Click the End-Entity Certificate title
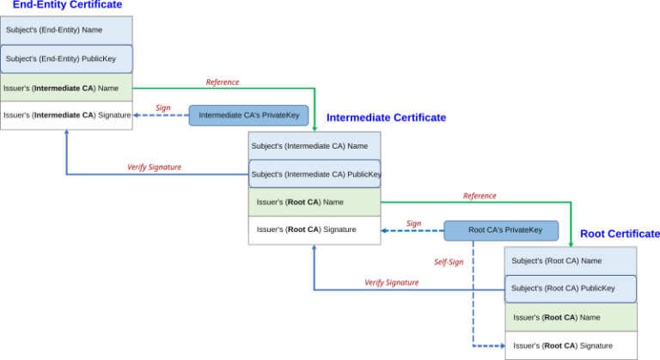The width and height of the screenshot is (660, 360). coord(66,4)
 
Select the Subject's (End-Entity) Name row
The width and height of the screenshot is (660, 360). coord(66,30)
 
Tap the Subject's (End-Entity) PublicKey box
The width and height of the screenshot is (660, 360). coord(66,59)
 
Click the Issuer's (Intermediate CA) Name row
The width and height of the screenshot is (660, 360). coord(66,87)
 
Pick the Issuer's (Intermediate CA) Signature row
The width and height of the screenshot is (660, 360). coord(66,115)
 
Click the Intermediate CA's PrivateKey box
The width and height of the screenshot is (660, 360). coord(248,115)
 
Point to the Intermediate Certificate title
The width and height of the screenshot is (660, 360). coord(386,117)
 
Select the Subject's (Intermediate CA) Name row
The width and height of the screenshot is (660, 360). coord(314,146)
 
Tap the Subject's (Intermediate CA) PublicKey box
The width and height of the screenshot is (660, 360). coord(315,174)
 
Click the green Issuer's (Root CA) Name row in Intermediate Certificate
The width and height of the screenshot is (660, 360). coord(314,202)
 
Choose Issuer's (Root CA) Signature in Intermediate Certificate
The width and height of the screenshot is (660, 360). coord(314,229)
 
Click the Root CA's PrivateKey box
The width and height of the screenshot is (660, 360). coord(505,229)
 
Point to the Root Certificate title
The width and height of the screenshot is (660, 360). coord(620,234)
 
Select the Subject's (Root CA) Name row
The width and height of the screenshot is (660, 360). coord(571,260)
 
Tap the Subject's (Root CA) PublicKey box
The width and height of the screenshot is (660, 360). coord(571,289)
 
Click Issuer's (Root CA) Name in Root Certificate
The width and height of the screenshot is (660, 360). coord(571,317)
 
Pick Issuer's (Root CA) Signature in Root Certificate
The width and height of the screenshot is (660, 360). coord(571,345)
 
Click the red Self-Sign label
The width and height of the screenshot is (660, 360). coord(449,262)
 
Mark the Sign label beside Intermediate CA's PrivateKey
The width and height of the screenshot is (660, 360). coord(163,107)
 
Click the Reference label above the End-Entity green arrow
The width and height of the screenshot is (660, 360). coord(222,82)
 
